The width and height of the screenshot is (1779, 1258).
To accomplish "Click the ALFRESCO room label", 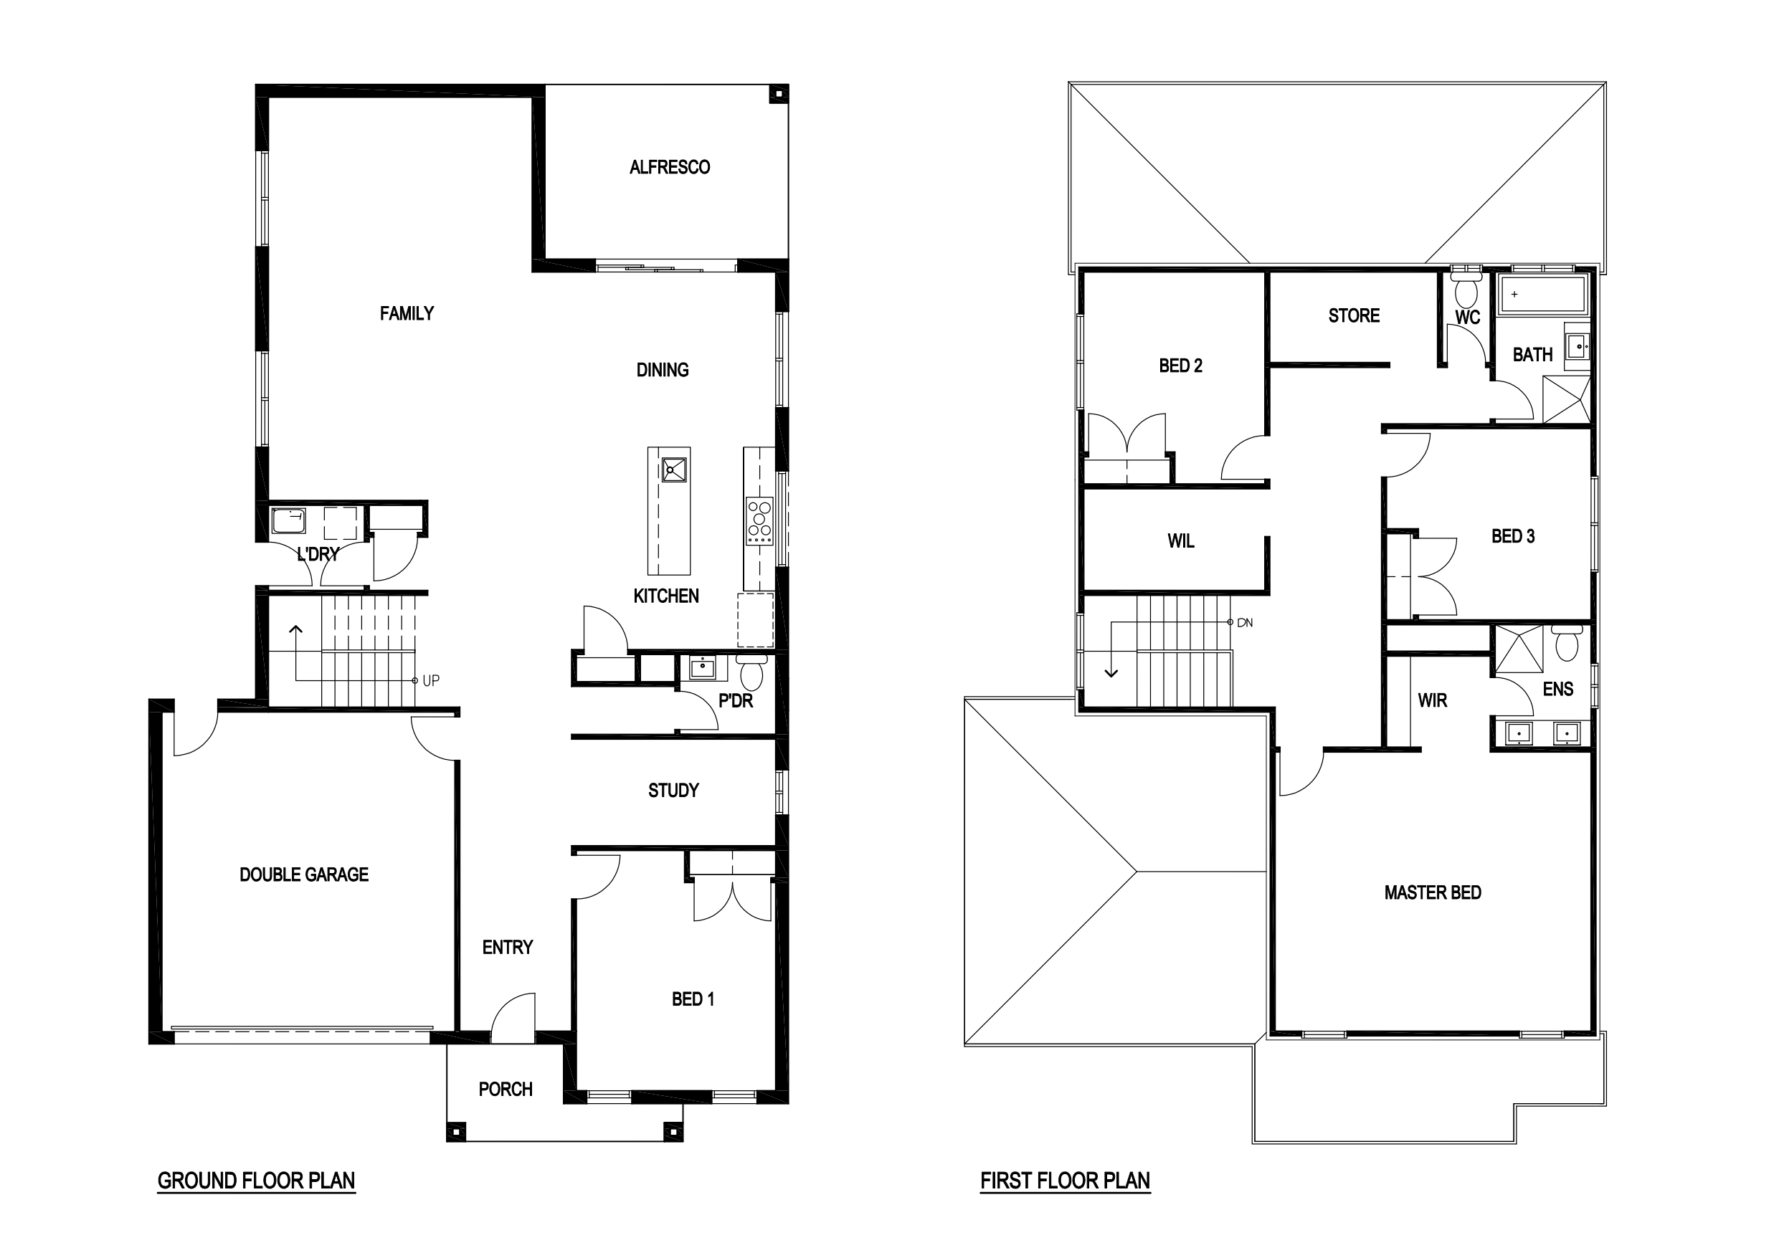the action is click(670, 166).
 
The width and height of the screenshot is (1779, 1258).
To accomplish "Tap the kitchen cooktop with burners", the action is click(759, 520).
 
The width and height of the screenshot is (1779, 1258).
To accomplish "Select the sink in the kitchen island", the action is click(674, 470).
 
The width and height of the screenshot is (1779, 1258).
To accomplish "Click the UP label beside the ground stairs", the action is click(431, 680).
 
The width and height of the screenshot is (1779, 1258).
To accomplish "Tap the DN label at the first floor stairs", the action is click(1244, 623).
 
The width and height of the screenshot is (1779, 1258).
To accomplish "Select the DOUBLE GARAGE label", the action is click(304, 875).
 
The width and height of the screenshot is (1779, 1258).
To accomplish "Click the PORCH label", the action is click(506, 1089).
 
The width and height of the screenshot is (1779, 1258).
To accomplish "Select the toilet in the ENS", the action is click(1567, 642).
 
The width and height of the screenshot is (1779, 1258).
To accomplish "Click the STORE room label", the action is click(1354, 315).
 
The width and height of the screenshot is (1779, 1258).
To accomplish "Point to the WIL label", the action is click(1181, 540).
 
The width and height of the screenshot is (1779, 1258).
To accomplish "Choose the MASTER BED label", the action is click(1433, 892).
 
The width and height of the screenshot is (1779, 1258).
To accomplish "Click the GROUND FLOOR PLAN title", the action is click(257, 1181).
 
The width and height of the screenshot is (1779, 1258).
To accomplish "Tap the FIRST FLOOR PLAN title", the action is click(1066, 1181).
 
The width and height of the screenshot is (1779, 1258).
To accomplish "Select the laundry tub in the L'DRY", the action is click(288, 520).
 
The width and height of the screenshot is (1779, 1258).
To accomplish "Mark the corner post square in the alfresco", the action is click(777, 95).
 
